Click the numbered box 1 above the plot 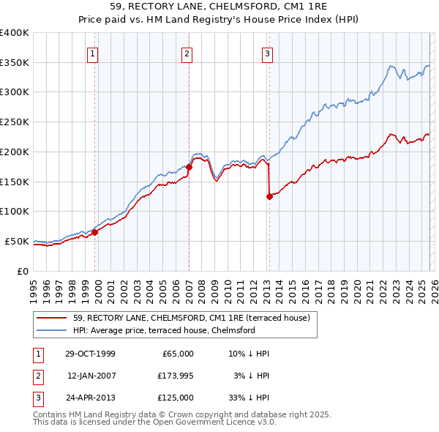94,53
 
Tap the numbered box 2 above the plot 187,53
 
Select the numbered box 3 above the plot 268,53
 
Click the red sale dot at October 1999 95,232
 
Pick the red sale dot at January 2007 189,167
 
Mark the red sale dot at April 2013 269,196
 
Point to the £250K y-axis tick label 15,122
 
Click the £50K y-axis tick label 18,241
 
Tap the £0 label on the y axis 23,271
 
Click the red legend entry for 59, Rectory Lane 192,318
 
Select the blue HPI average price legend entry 163,330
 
